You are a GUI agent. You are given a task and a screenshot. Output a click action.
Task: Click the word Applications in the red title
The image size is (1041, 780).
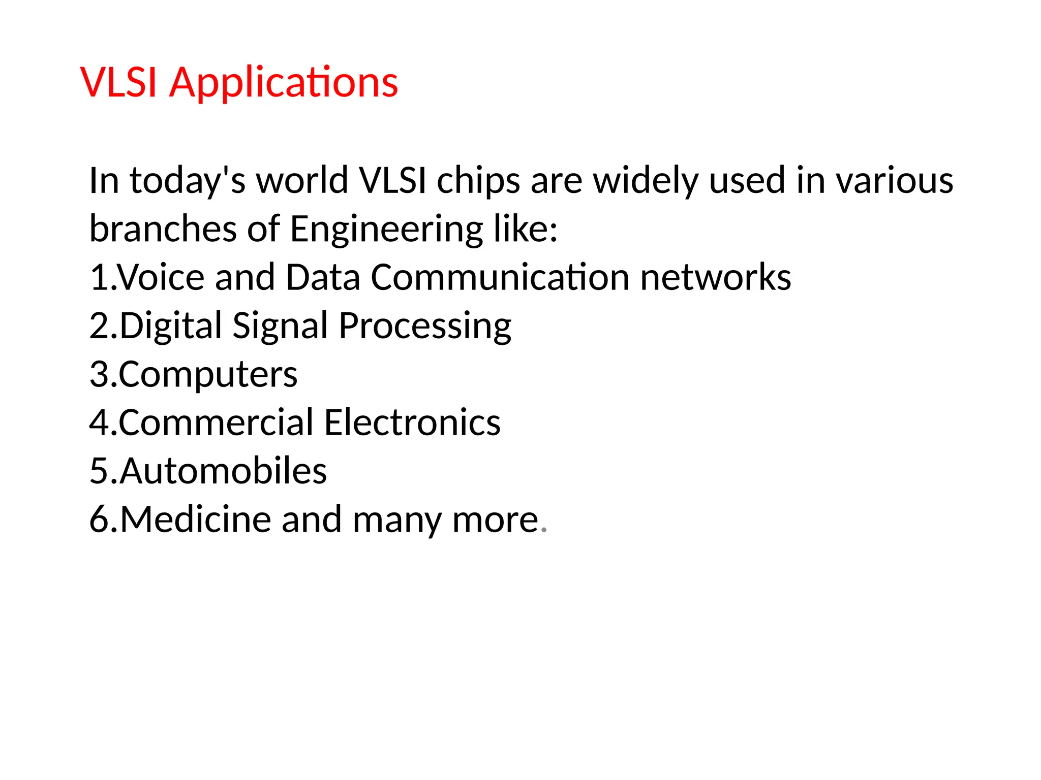pyautogui.click(x=284, y=82)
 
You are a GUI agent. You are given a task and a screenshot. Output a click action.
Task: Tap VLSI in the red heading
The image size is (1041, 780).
pyautogui.click(x=118, y=82)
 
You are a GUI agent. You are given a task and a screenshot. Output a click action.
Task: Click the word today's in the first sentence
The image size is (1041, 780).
pyautogui.click(x=188, y=181)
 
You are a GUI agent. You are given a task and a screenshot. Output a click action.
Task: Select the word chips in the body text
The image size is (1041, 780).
pyautogui.click(x=478, y=181)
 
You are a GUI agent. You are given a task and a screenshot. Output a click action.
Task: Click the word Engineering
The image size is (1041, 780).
pyautogui.click(x=386, y=230)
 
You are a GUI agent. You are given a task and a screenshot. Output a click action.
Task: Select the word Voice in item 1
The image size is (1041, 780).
pyautogui.click(x=162, y=277)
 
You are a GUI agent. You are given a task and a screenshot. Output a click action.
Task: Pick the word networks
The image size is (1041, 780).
pyautogui.click(x=715, y=277)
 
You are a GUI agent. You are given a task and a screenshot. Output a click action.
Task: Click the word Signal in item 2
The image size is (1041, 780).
pyautogui.click(x=280, y=326)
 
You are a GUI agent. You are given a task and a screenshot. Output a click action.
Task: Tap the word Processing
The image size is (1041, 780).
pyautogui.click(x=425, y=327)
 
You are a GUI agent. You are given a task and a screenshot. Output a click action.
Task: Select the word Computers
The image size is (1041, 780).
pyautogui.click(x=208, y=375)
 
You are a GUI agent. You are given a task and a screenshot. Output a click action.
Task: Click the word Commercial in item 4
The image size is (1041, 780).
pyautogui.click(x=216, y=422)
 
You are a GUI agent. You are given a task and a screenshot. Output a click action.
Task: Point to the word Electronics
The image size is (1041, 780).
pyautogui.click(x=412, y=422)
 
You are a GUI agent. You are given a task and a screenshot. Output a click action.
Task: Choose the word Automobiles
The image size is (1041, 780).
pyautogui.click(x=223, y=471)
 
